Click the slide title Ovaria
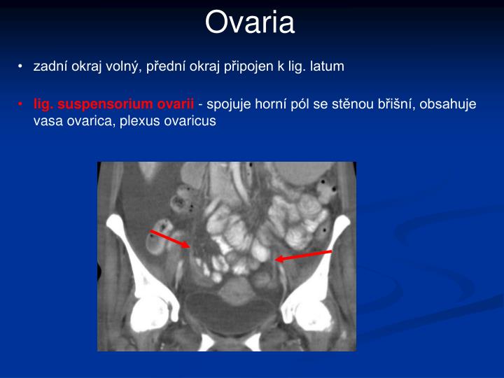point(250,23)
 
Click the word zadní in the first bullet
point(48,66)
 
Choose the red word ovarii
point(175,104)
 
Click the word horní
point(272,104)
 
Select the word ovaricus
point(190,120)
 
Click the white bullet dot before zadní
point(22,67)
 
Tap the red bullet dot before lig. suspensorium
point(22,105)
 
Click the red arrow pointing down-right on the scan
point(170,239)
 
